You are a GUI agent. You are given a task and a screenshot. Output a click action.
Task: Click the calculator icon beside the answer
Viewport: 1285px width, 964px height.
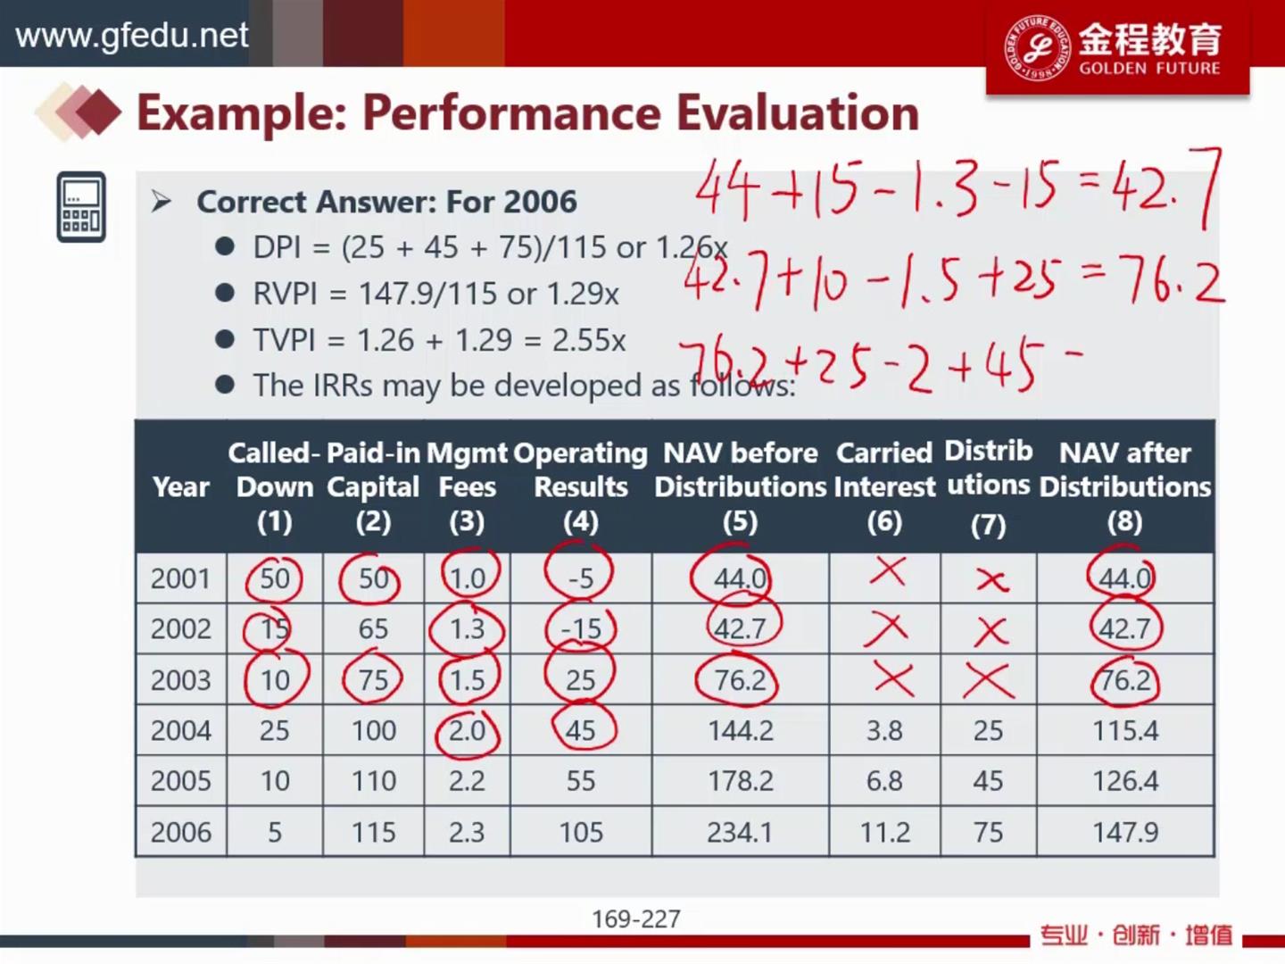81,206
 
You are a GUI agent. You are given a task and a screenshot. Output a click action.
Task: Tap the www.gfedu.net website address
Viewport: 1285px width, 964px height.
132,35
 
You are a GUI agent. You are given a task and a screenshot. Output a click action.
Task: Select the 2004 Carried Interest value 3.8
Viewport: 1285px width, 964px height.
884,730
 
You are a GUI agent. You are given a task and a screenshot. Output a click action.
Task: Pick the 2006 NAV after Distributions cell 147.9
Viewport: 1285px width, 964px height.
1124,832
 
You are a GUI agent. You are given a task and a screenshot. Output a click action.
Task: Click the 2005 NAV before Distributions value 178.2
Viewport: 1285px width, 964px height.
740,781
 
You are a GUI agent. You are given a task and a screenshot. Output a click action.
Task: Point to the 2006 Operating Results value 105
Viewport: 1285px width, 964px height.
581,832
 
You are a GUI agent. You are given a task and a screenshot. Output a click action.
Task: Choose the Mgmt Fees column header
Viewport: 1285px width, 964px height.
467,487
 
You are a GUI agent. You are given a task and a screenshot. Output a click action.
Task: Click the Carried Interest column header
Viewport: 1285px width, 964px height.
884,487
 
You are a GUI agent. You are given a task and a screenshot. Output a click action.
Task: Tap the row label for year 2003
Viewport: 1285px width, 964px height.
180,680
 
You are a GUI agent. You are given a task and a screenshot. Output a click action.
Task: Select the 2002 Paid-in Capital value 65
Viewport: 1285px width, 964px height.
373,629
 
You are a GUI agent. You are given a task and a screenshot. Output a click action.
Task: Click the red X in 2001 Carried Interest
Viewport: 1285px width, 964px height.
888,570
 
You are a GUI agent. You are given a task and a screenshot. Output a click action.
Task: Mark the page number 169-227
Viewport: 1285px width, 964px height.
635,919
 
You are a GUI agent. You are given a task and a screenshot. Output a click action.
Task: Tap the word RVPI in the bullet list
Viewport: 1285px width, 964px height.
285,294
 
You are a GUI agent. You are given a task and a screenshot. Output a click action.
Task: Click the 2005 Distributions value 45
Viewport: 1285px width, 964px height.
988,781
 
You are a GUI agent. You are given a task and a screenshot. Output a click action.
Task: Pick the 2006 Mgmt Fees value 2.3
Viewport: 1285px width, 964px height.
467,832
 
